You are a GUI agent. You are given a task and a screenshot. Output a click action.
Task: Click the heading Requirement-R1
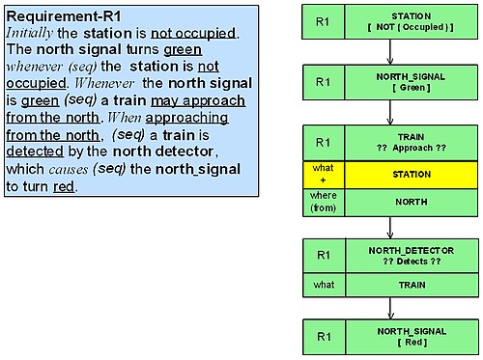point(64,16)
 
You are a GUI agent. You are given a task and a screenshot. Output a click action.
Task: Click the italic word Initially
point(29,33)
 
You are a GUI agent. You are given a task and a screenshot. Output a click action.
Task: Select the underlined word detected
point(35,152)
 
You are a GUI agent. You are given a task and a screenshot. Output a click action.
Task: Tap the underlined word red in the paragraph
point(64,186)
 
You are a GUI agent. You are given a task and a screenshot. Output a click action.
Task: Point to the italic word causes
point(68,170)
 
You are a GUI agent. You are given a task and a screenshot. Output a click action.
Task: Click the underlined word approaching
point(186,118)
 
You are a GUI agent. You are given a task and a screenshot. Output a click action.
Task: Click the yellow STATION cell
point(411,175)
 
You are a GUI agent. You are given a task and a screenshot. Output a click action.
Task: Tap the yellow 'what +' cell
point(324,175)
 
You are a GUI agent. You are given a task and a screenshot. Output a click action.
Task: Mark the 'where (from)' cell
point(324,203)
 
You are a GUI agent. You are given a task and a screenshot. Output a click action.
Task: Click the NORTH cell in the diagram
point(411,203)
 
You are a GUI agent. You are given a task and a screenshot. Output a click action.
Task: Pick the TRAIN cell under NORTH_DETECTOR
point(412,285)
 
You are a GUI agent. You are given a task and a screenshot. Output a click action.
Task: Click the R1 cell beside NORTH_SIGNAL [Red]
point(324,337)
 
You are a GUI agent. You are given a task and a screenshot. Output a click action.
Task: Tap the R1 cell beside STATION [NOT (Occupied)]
point(323,22)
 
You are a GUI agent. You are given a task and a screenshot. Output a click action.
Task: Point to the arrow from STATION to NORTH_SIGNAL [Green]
point(390,52)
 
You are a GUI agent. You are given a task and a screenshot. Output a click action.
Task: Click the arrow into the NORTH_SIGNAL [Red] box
point(390,308)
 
